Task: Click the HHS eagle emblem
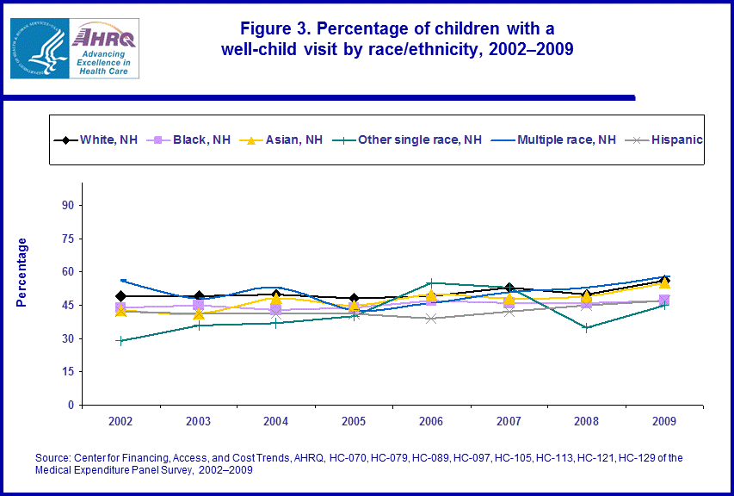pyautogui.click(x=37, y=48)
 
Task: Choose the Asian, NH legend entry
pyautogui.click(x=280, y=139)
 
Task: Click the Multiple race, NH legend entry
pyautogui.click(x=555, y=139)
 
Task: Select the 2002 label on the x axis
pyautogui.click(x=121, y=421)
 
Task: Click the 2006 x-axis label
pyautogui.click(x=431, y=421)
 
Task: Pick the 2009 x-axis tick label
pyautogui.click(x=663, y=421)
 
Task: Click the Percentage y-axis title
pyautogui.click(x=22, y=272)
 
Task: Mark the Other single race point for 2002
pyautogui.click(x=121, y=341)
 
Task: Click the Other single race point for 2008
pyautogui.click(x=586, y=327)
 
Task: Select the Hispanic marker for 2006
pyautogui.click(x=431, y=319)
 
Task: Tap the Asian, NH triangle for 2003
pyautogui.click(x=199, y=314)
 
